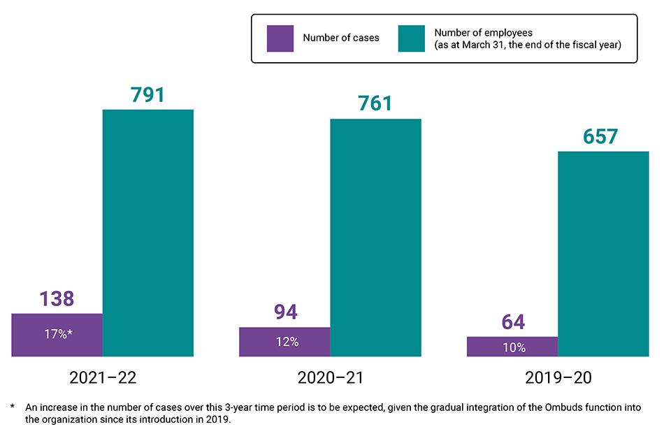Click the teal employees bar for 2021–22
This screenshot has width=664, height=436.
click(x=147, y=233)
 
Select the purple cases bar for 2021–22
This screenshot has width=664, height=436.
click(x=57, y=335)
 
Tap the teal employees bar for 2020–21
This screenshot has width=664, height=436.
click(x=375, y=238)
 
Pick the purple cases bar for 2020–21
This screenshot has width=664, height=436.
click(x=284, y=342)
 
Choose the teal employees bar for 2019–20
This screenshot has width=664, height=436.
click(x=603, y=254)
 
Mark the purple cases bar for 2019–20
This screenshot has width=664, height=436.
click(x=512, y=347)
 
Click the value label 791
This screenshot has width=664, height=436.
click(x=147, y=94)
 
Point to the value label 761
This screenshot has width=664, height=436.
click(x=375, y=103)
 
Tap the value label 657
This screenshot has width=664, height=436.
click(x=603, y=136)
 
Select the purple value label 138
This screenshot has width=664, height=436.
click(x=57, y=299)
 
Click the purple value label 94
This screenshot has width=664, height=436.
click(x=284, y=312)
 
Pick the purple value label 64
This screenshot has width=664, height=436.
click(x=512, y=322)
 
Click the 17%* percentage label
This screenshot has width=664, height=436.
click(x=58, y=334)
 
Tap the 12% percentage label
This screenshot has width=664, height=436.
click(x=287, y=342)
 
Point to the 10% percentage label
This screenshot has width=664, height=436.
click(x=514, y=347)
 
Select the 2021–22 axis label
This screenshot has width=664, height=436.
click(x=103, y=378)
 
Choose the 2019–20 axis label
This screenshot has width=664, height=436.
click(x=558, y=378)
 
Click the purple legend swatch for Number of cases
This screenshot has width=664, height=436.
click(x=280, y=38)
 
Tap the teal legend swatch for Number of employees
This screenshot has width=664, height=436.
click(x=411, y=38)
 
